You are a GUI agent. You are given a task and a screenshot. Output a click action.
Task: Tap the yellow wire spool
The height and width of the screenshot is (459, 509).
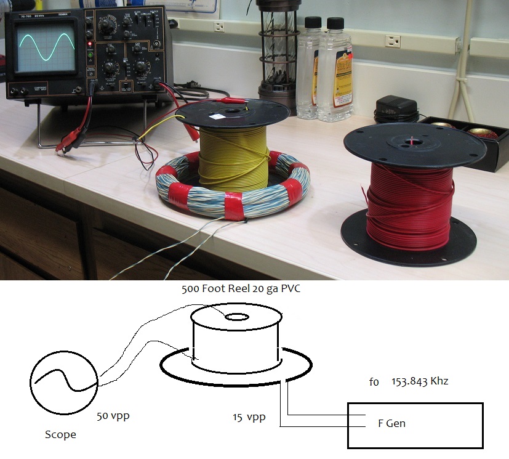coord(233,156)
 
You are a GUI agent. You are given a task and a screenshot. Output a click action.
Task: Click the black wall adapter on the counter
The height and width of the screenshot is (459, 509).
coord(396,108)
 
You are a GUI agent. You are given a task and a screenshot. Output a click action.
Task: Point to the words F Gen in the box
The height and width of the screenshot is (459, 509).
coord(391,423)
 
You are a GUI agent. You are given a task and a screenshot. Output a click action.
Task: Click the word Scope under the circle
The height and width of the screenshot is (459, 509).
coord(60,434)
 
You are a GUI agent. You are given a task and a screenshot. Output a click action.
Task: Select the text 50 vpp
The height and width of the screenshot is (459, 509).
coord(113,415)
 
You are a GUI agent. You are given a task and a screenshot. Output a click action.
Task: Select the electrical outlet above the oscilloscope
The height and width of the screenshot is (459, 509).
coord(219,26)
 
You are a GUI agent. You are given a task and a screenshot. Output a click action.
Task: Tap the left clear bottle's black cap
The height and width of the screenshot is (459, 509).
coord(313,23)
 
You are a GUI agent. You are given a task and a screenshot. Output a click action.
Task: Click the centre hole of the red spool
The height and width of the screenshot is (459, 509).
coord(408,143)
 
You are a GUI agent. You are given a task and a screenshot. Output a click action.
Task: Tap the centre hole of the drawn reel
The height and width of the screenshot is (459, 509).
coord(236,317)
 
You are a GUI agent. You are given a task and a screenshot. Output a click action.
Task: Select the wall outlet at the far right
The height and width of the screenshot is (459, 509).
coord(392,41)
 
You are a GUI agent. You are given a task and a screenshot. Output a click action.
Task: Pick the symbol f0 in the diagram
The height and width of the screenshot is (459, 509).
coord(374,381)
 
